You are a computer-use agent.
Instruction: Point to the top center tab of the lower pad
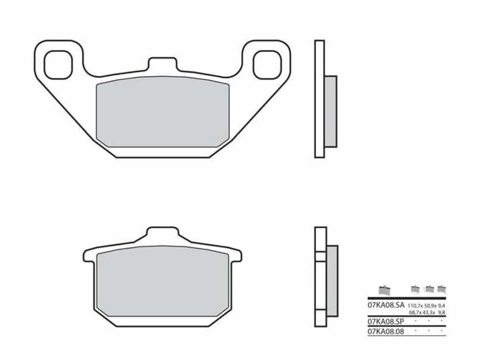[162, 234]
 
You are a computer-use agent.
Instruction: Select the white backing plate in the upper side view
[320, 100]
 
